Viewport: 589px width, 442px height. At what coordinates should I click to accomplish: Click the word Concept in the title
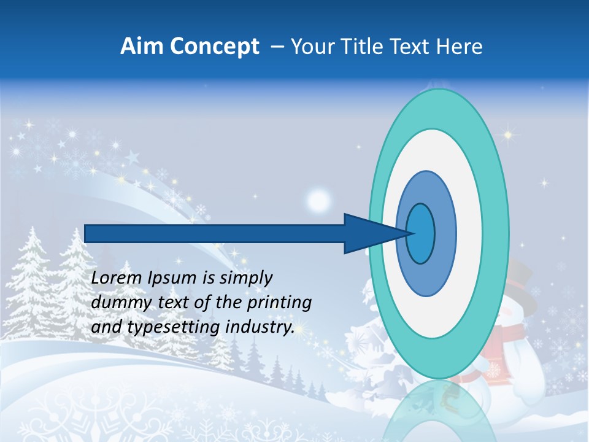pyautogui.click(x=215, y=47)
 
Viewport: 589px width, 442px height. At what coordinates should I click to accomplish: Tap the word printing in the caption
pyautogui.click(x=280, y=303)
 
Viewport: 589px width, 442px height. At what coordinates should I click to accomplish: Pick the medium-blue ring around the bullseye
pyautogui.click(x=445, y=233)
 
